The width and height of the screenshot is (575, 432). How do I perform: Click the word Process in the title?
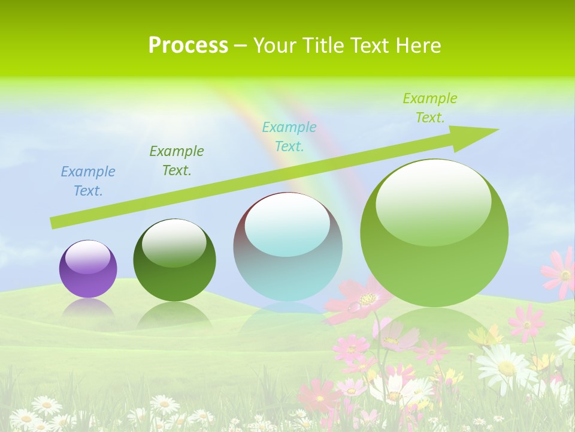point(188,46)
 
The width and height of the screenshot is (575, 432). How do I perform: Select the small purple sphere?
point(88,269)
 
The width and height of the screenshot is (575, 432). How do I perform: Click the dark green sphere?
point(174,260)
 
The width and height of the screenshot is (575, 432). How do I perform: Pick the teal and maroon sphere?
point(287,247)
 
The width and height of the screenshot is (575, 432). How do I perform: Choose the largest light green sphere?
point(434,233)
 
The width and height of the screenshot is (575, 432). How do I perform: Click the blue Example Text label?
point(88,181)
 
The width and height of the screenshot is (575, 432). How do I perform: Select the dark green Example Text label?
point(177,161)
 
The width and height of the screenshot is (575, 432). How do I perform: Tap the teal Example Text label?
point(289,136)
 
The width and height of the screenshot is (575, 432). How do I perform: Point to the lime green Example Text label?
point(430,108)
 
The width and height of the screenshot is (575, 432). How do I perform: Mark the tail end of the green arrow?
point(54,223)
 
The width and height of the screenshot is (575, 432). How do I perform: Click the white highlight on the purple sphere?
point(88,257)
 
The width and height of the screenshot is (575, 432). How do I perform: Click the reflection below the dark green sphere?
point(174,314)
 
